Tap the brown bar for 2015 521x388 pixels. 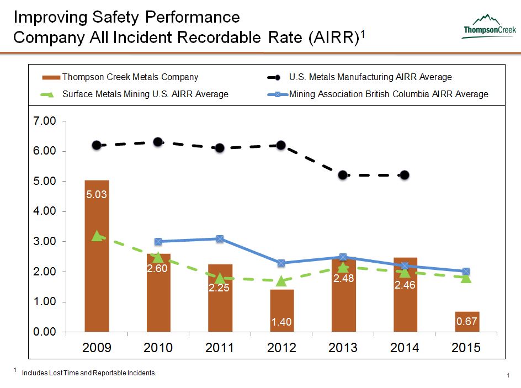(x=467, y=322)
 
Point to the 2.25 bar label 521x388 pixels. (x=220, y=287)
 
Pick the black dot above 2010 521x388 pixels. (x=158, y=142)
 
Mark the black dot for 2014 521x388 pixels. (x=405, y=175)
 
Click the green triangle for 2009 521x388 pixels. (x=97, y=236)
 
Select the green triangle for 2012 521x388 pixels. (x=281, y=281)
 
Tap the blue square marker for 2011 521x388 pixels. (x=220, y=239)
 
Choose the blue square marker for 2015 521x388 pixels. (x=466, y=272)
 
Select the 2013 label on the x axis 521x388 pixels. (x=343, y=348)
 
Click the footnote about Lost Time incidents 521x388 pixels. (x=89, y=374)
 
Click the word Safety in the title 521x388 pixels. (x=114, y=17)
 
